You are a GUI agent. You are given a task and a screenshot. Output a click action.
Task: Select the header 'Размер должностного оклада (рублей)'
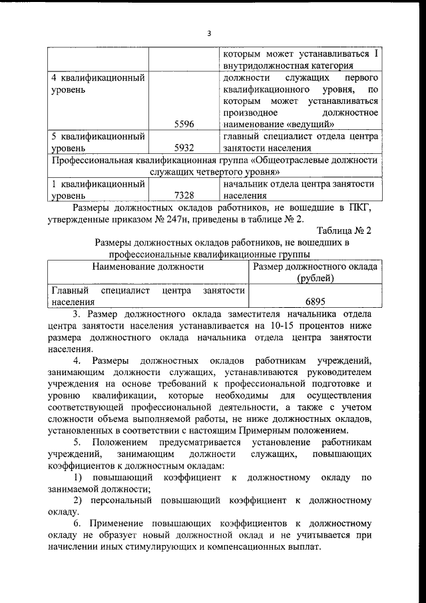click(316, 272)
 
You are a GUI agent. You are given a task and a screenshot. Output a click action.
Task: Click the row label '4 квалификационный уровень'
click(99, 84)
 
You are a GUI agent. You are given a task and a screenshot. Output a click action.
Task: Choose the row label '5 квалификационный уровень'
click(99, 142)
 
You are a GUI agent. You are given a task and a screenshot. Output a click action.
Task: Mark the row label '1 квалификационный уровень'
click(99, 190)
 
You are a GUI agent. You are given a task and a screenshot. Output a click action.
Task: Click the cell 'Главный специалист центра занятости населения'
click(148, 296)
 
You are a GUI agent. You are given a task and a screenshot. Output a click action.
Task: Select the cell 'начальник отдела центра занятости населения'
click(300, 190)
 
